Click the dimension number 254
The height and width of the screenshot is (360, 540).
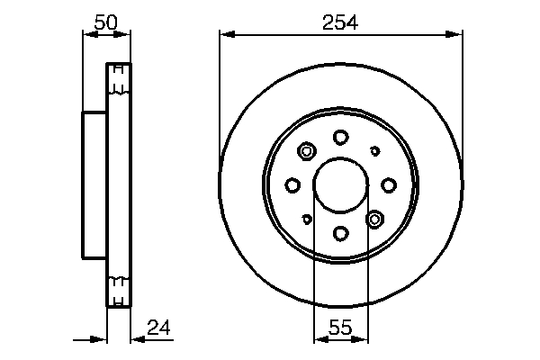[340, 24]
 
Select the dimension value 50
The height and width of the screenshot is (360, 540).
[106, 24]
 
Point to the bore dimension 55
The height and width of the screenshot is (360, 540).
[340, 328]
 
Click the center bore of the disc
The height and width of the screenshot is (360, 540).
[340, 185]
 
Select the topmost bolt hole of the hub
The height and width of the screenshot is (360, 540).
[340, 137]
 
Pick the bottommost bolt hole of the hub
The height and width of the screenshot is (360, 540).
[340, 233]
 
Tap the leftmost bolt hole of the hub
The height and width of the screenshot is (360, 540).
[292, 185]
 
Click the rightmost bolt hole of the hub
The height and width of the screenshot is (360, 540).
[389, 185]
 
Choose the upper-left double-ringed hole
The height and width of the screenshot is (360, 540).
[306, 151]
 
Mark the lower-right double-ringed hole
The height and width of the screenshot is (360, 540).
[375, 219]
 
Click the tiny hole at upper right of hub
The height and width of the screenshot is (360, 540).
[374, 151]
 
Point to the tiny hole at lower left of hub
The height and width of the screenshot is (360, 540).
[307, 219]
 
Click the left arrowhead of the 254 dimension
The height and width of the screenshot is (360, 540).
[225, 34]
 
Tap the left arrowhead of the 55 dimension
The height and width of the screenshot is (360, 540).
[319, 340]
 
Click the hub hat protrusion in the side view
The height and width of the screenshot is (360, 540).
[94, 184]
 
